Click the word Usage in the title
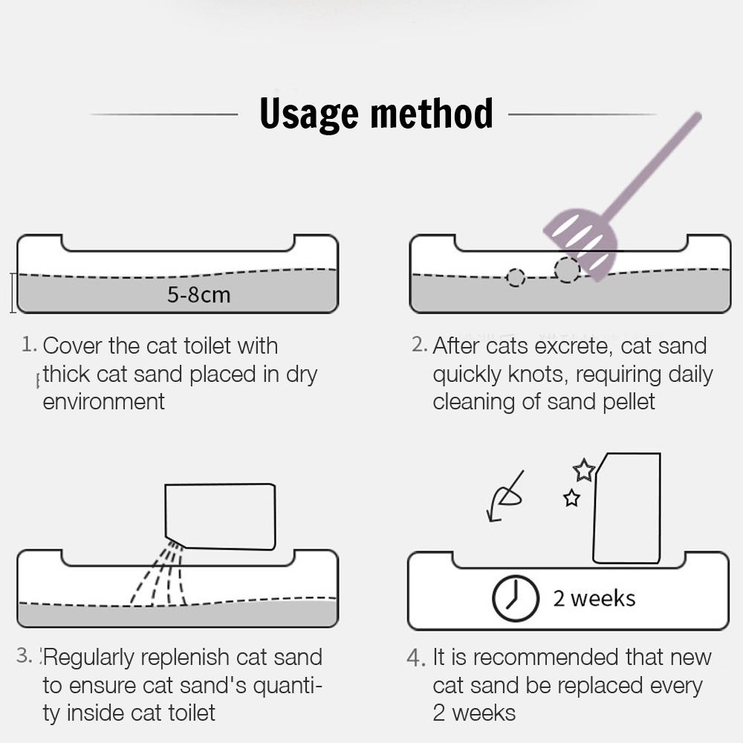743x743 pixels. pyautogui.click(x=309, y=114)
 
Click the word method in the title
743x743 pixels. pyautogui.click(x=432, y=113)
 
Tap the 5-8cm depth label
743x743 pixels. pyautogui.click(x=198, y=295)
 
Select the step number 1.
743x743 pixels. pyautogui.click(x=29, y=345)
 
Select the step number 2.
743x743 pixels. pyautogui.click(x=419, y=345)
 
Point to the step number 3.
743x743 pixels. pyautogui.click(x=25, y=656)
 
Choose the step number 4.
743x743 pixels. pyautogui.click(x=415, y=658)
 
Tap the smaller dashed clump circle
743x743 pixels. pyautogui.click(x=516, y=278)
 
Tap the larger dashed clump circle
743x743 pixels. pyautogui.click(x=567, y=270)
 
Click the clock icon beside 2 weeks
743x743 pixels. pyautogui.click(x=516, y=598)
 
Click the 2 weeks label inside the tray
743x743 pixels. pyautogui.click(x=594, y=598)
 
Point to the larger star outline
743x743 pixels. pyautogui.click(x=584, y=470)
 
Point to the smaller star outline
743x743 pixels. pyautogui.click(x=571, y=498)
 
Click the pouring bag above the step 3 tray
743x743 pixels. pyautogui.click(x=220, y=516)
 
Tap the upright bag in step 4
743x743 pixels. pyautogui.click(x=626, y=508)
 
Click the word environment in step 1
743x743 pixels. pyautogui.click(x=104, y=402)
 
